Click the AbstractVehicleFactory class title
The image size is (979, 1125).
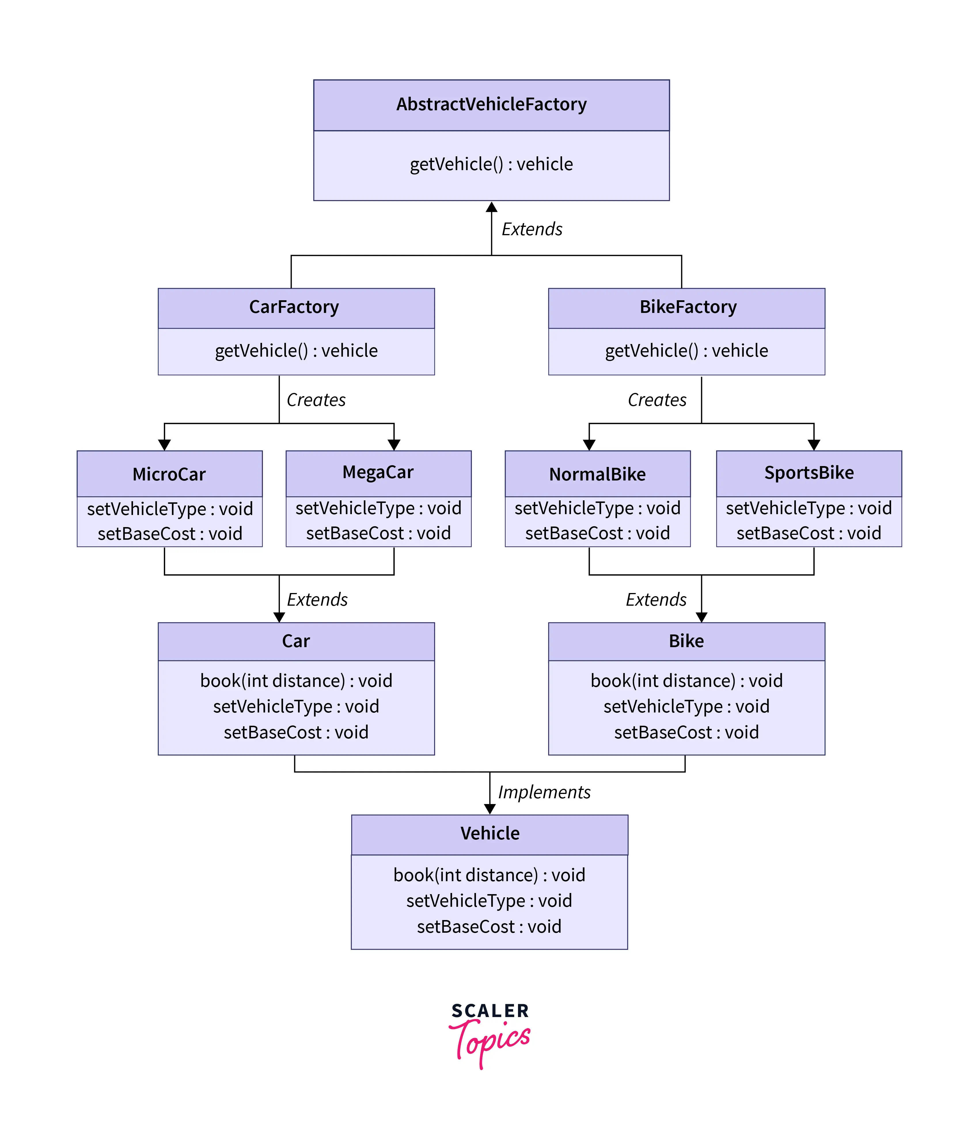(x=491, y=104)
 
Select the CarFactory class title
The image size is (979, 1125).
(x=294, y=307)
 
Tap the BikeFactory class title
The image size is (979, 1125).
(x=688, y=307)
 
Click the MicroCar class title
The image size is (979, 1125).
(x=169, y=474)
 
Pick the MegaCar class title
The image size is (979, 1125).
(x=378, y=472)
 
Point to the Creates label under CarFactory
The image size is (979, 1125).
(x=316, y=400)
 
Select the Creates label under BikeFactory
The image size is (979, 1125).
(x=657, y=400)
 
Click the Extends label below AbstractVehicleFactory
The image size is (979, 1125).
(x=532, y=229)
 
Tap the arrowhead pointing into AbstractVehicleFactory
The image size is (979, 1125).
(x=492, y=207)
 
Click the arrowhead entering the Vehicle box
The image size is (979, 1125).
(x=490, y=809)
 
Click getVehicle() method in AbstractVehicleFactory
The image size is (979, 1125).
(x=491, y=164)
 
